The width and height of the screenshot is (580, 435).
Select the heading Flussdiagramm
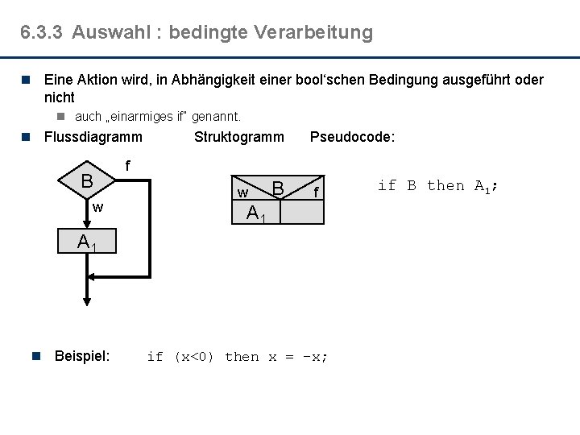coord(93,137)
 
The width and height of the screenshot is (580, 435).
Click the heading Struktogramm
coord(238,137)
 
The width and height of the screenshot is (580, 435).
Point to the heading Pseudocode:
coord(352,137)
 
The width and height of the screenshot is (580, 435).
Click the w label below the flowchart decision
coord(97,208)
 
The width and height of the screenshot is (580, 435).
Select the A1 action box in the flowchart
coord(87,242)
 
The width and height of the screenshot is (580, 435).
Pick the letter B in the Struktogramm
coord(278,188)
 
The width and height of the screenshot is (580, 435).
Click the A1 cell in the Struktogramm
coord(256,213)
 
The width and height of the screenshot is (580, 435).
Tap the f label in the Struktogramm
coord(317,192)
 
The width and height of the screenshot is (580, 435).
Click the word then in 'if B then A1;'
coord(445,186)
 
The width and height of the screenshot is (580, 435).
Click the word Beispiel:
coord(81,356)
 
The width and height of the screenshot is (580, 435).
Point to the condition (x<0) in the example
coord(193,357)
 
